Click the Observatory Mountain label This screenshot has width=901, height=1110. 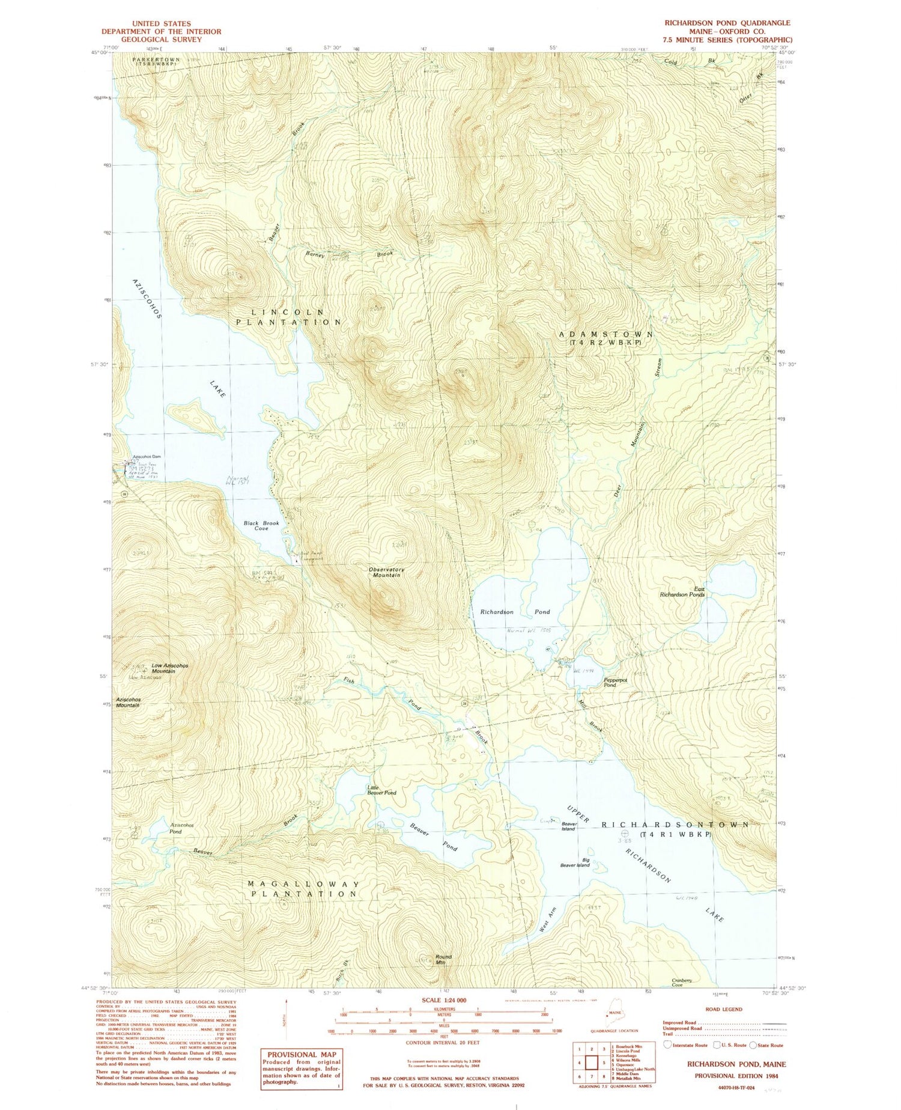pyautogui.click(x=386, y=572)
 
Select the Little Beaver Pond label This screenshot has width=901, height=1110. pyautogui.click(x=381, y=790)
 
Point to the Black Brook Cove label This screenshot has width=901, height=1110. pyautogui.click(x=261, y=526)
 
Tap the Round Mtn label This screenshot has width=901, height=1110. pyautogui.click(x=443, y=959)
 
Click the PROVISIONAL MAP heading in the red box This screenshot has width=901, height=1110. pyautogui.click(x=302, y=1054)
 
